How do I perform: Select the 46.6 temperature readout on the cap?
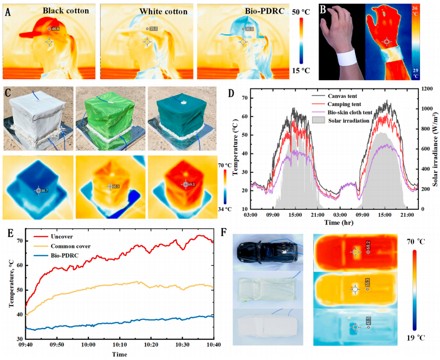click(x=55, y=28)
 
